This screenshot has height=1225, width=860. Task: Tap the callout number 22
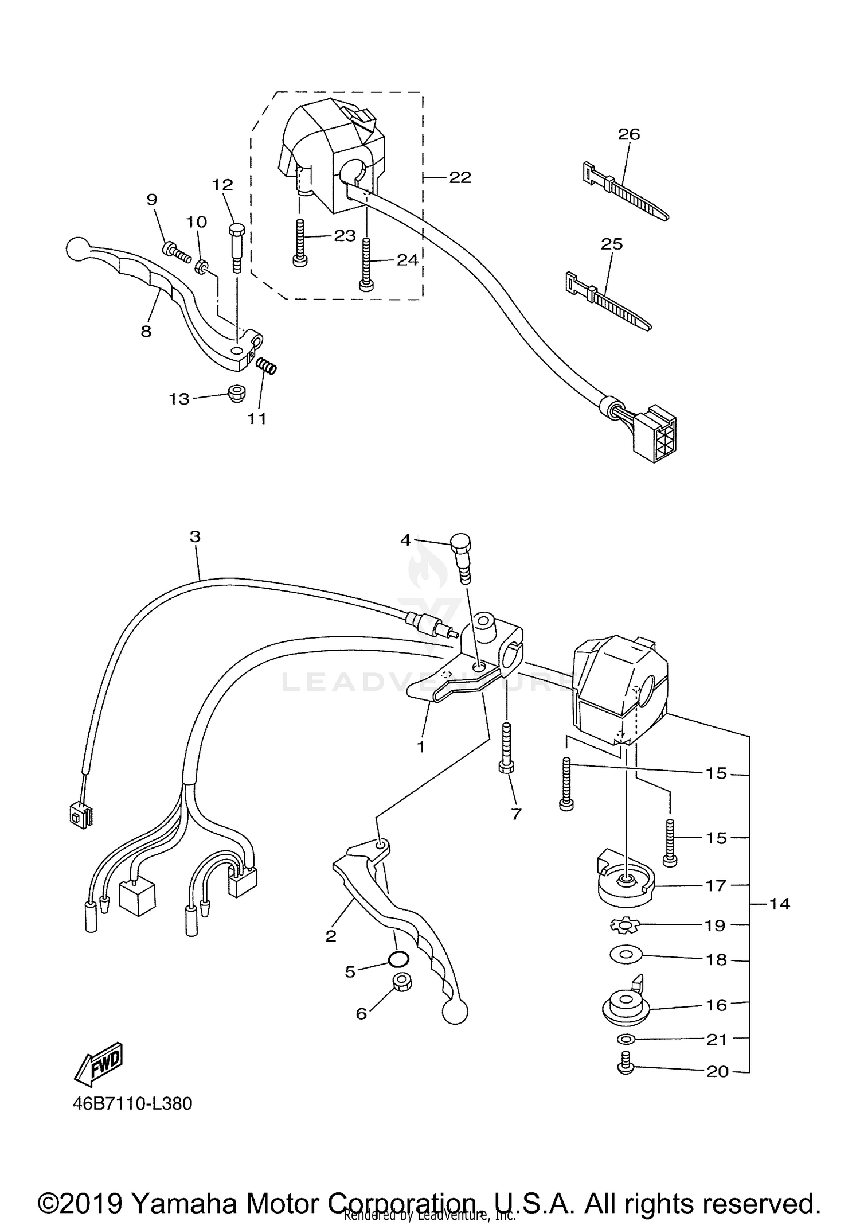click(x=460, y=178)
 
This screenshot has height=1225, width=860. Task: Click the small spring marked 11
click(x=266, y=365)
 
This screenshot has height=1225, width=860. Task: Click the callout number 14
click(x=779, y=904)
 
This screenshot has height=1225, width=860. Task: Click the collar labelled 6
click(x=402, y=983)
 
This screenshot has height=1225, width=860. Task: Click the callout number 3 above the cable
click(x=195, y=537)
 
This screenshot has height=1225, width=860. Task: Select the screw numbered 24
click(x=366, y=264)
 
